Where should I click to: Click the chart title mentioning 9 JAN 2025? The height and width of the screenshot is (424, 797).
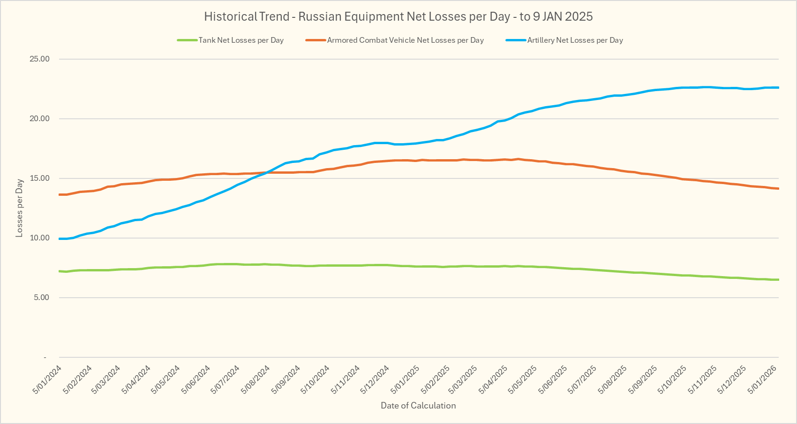point(398,17)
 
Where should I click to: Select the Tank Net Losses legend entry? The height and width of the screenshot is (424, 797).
point(241,40)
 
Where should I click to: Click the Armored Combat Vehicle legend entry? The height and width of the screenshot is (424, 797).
point(405,40)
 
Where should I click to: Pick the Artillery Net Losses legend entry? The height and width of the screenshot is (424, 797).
point(575,40)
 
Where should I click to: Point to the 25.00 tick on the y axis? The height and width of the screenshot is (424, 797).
point(39,59)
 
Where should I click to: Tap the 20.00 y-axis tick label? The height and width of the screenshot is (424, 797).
point(39,119)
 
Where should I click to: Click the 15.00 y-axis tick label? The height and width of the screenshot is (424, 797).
point(39,178)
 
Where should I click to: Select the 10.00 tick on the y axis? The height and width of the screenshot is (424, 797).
point(39,238)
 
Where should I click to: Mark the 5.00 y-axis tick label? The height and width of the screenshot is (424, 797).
point(41,298)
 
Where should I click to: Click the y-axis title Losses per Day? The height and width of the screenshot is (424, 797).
point(19,208)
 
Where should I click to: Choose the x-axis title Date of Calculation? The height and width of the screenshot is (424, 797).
point(418,406)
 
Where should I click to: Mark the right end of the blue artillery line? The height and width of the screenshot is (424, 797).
point(778,87)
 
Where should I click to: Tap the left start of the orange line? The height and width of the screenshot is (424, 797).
point(60,194)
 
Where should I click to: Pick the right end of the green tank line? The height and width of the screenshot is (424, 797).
point(778,280)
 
